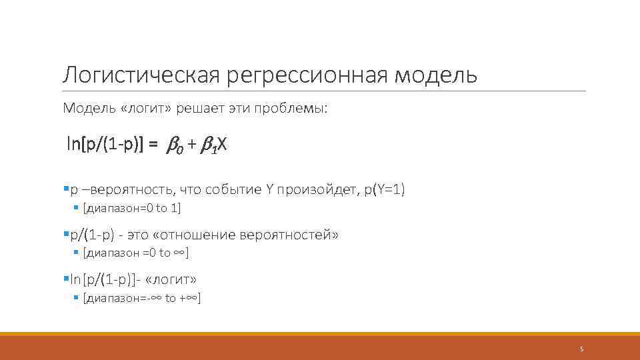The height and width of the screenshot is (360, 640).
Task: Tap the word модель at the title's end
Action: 436,75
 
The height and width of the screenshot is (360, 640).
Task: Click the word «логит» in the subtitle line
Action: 138,108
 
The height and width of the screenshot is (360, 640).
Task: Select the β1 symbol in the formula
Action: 207,145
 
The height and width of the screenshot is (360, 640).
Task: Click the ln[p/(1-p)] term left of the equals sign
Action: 104,144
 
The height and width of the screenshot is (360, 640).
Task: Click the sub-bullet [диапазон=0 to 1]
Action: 131,208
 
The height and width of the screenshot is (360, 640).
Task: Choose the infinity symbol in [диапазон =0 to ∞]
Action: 179,253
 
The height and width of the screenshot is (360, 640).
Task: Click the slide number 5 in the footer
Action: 581,349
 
